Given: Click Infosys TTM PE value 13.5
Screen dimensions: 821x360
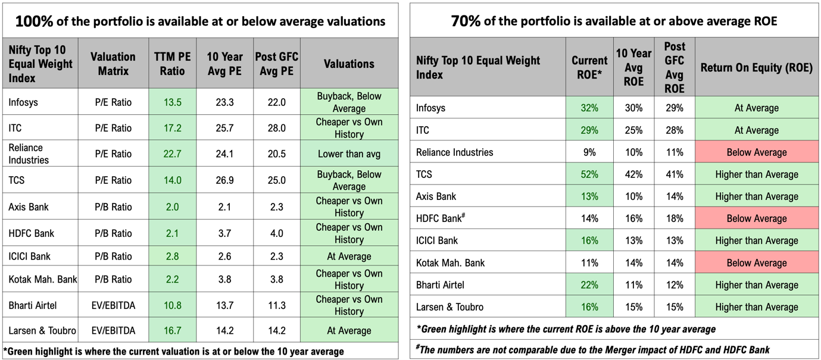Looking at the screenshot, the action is [x=172, y=102].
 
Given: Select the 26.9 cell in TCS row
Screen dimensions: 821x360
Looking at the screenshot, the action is [x=224, y=180].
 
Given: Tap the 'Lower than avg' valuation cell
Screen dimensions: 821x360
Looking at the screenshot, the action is [x=349, y=154].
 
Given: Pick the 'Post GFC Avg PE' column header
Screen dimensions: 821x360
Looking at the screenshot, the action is [x=276, y=64].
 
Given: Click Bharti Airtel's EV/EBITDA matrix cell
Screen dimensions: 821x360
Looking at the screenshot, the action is [x=113, y=305].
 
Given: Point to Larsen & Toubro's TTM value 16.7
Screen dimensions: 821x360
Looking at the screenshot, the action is [x=172, y=331].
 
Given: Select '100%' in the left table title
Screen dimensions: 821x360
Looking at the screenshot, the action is [x=35, y=21].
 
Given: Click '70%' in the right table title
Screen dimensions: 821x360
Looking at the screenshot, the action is [x=466, y=21].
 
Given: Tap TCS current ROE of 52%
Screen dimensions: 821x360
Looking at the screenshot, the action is [x=589, y=174].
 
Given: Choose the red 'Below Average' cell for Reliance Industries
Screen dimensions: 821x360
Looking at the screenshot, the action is [x=757, y=152].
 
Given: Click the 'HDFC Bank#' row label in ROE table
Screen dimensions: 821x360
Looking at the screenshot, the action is [x=441, y=218].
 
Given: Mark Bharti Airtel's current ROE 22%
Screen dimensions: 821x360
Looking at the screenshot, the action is [x=589, y=285].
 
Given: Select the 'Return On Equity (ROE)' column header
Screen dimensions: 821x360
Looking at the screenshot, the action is [x=757, y=67].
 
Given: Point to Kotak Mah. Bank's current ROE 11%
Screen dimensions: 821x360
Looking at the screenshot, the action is [x=589, y=263].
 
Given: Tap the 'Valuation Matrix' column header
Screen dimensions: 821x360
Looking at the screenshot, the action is [x=113, y=64].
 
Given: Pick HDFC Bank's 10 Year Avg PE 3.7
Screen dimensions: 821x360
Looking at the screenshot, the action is [x=224, y=233].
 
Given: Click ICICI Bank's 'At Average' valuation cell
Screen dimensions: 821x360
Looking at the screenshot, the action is [x=349, y=256].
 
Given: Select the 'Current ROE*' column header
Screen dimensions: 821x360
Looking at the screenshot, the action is [x=589, y=67].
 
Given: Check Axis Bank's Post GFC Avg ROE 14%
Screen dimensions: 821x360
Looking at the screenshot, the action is [x=675, y=196].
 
